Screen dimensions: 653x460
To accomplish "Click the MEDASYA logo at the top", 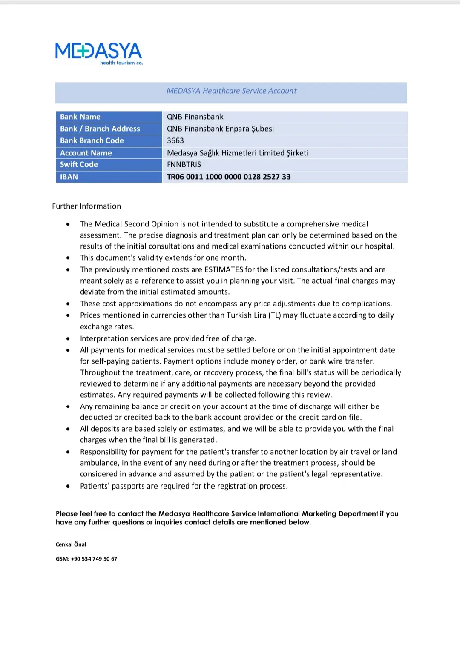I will point(99,53).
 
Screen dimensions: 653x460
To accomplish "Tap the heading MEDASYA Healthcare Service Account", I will point(231,91).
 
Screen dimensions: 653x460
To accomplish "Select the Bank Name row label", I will point(80,117).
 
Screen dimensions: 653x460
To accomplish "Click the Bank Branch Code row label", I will point(92,140).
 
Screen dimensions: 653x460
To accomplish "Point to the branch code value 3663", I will point(175,140).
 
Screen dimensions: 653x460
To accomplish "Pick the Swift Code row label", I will point(79,164).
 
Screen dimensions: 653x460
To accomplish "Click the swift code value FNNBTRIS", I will point(184,164).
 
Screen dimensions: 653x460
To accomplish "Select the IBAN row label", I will point(69,177).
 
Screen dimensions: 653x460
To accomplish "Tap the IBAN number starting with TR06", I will point(229,177).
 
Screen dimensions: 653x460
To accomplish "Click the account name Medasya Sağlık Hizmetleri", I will point(238,153).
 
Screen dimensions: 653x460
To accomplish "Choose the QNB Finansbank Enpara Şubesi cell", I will point(220,129).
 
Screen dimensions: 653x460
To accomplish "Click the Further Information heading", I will point(86,206).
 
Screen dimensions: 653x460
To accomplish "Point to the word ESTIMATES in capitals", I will point(224,269).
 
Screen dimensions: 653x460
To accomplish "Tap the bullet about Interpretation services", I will point(168,338).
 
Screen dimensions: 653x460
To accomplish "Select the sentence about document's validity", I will point(163,258).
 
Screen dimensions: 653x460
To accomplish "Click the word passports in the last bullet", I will point(128,486).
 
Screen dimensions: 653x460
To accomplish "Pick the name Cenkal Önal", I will point(71,544).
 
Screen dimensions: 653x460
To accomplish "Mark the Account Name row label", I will point(86,153).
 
